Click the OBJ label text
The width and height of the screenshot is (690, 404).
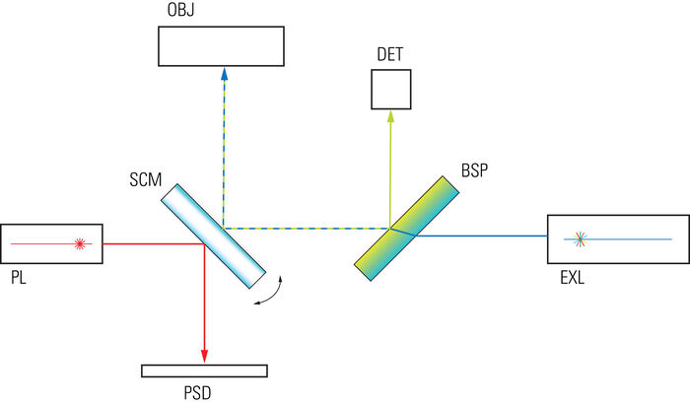click(x=180, y=10)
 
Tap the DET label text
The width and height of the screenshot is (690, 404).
click(x=390, y=54)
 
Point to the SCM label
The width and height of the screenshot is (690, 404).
click(x=146, y=179)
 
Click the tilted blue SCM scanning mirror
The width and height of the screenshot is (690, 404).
click(x=214, y=236)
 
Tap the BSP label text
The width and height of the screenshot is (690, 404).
click(x=474, y=170)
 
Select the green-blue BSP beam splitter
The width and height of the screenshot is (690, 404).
click(x=406, y=229)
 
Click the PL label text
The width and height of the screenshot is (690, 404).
click(x=19, y=278)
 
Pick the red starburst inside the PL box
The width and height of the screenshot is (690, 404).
click(x=80, y=243)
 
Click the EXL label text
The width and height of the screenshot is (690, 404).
click(x=572, y=278)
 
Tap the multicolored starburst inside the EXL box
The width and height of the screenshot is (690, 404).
click(x=581, y=239)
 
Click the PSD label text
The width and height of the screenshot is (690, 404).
click(x=197, y=392)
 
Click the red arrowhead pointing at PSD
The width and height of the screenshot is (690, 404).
click(x=204, y=357)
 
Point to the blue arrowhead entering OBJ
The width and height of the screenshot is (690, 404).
click(x=224, y=74)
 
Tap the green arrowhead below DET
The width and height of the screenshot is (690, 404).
click(x=390, y=115)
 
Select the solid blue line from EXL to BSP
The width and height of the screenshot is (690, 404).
click(x=482, y=236)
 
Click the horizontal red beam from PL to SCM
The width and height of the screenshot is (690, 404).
click(x=154, y=243)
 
